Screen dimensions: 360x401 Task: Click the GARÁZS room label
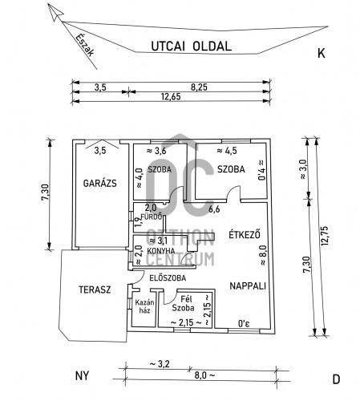pyautogui.click(x=100, y=183)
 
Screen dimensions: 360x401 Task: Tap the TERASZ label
pyautogui.click(x=95, y=290)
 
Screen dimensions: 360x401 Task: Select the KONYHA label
pyautogui.click(x=161, y=251)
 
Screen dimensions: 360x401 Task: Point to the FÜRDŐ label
pyautogui.click(x=152, y=217)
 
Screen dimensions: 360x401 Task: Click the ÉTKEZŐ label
pyautogui.click(x=245, y=234)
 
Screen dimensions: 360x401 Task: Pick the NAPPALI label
pyautogui.click(x=248, y=286)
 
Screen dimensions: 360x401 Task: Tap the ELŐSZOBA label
pyautogui.click(x=168, y=277)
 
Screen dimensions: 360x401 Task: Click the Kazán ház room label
pyautogui.click(x=144, y=306)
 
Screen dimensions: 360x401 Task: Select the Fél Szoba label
pyautogui.click(x=183, y=303)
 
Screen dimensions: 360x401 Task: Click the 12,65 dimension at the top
pyautogui.click(x=171, y=96)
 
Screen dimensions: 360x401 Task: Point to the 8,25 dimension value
pyautogui.click(x=199, y=87)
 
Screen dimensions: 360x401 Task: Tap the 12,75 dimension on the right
pyautogui.click(x=325, y=236)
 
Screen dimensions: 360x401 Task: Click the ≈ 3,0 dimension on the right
pyautogui.click(x=303, y=169)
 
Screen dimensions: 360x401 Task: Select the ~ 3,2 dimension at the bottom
pyautogui.click(x=160, y=364)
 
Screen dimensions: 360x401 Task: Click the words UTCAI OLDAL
pyautogui.click(x=191, y=47)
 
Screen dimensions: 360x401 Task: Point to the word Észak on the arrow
pyautogui.click(x=85, y=45)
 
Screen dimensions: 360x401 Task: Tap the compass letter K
pyautogui.click(x=322, y=54)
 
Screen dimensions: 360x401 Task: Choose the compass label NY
pyautogui.click(x=82, y=375)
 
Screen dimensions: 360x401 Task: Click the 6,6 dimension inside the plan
pyautogui.click(x=214, y=209)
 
